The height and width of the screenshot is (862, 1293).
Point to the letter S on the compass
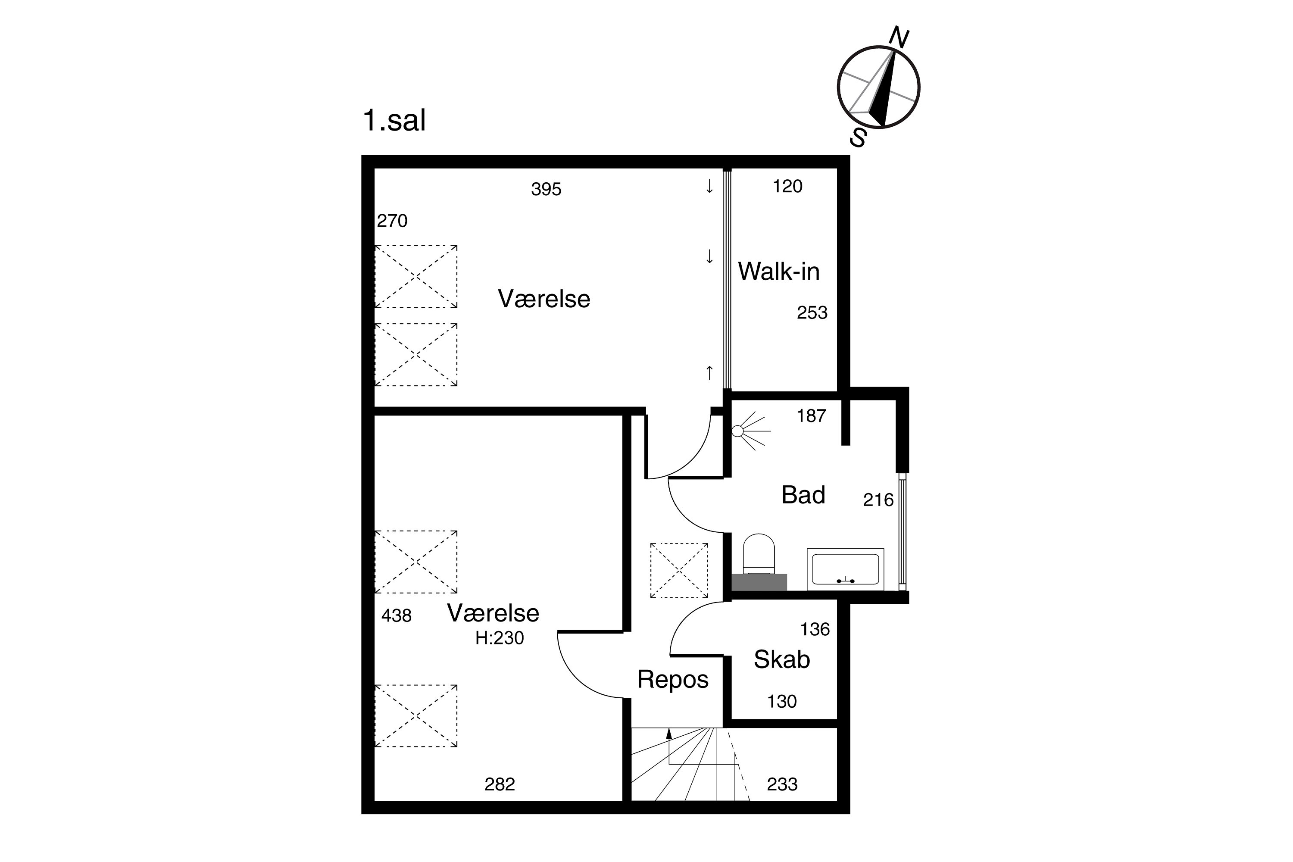pos(858,137)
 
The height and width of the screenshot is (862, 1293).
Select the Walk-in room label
pos(778,271)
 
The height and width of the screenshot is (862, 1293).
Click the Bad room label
pos(803,495)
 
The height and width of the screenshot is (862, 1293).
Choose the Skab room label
pos(782,659)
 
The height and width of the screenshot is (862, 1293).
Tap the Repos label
pos(673,680)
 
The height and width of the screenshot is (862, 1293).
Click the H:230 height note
pos(500,638)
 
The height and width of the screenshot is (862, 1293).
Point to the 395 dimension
pos(546,189)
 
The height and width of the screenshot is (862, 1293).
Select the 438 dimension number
pos(397,616)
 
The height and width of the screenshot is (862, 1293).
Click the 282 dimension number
pos(500,784)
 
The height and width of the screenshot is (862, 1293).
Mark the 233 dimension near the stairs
pos(782,784)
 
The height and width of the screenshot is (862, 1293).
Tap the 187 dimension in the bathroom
pos(812,415)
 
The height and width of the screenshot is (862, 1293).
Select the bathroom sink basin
pos(846,569)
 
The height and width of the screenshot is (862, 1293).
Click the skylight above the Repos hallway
pos(679,570)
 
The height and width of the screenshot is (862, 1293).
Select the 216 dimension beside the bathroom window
pos(878,500)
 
